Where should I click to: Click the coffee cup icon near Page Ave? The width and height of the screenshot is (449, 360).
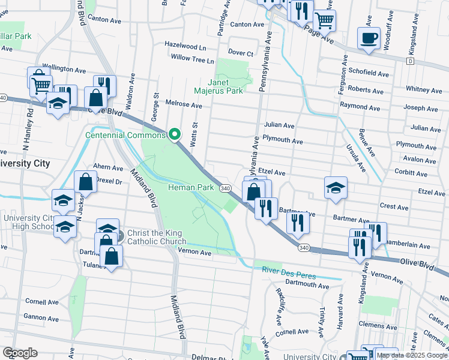(369, 38)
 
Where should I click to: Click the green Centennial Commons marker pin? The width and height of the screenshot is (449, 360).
(174, 134)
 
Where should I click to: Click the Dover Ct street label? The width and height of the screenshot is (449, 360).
(241, 53)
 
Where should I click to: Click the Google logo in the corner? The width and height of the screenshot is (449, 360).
(20, 353)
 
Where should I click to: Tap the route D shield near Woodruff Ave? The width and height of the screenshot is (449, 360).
(410, 61)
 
